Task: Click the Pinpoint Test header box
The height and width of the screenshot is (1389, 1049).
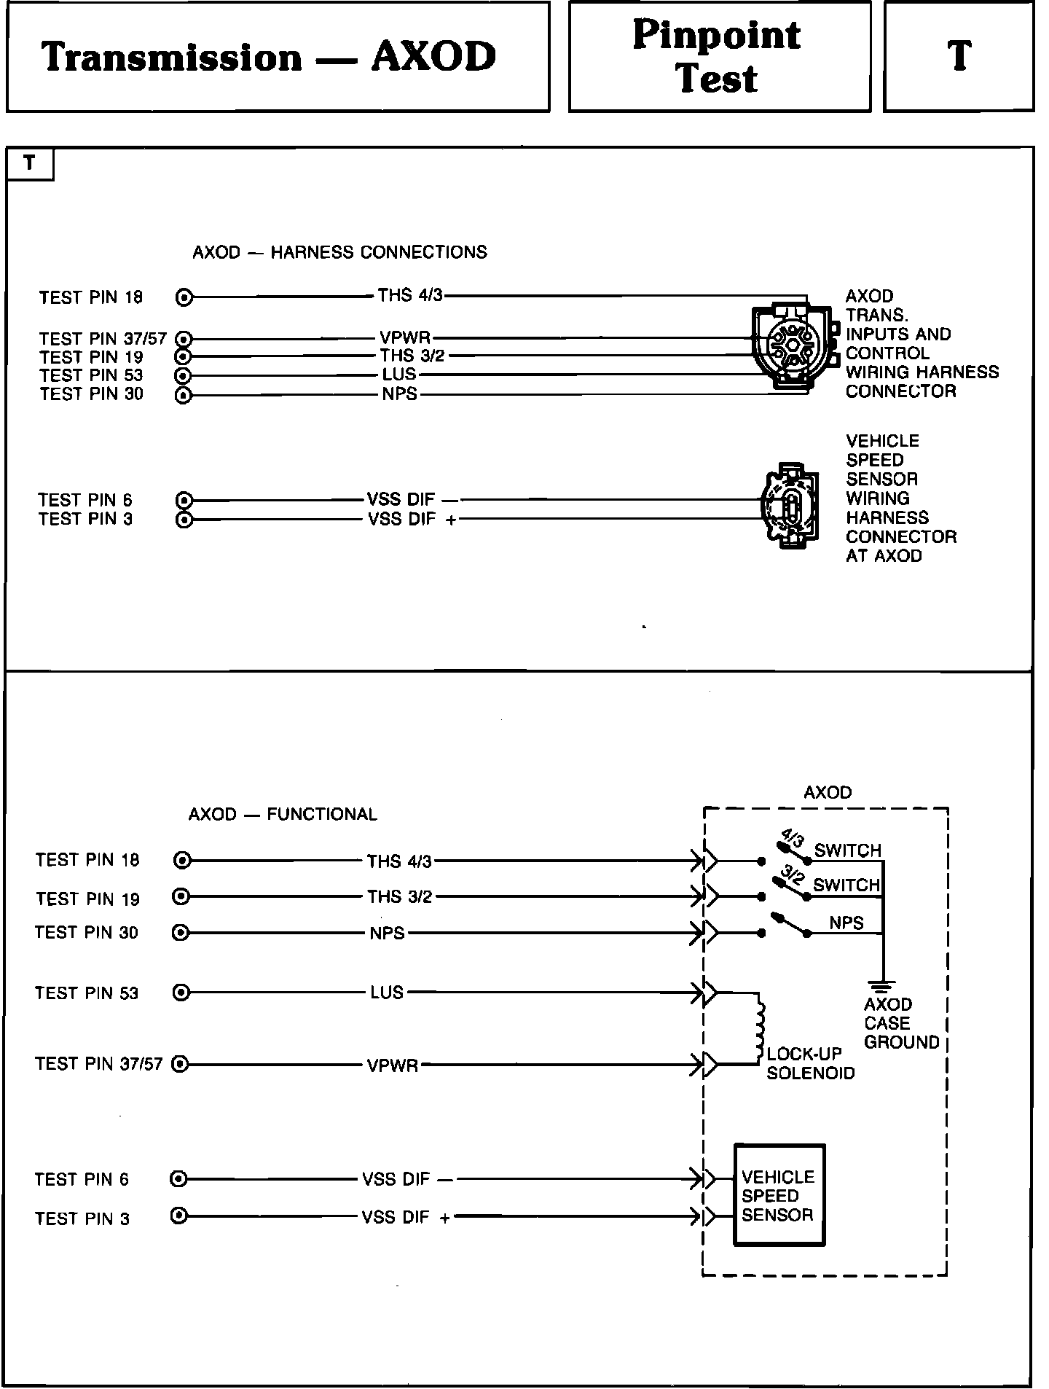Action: click(718, 56)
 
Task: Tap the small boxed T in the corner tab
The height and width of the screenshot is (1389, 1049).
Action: click(29, 163)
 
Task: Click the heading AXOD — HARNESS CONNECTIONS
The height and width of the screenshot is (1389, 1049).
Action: click(339, 252)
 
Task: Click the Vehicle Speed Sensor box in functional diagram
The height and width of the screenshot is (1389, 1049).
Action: click(778, 1195)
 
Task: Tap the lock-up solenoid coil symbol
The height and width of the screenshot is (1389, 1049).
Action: click(760, 1028)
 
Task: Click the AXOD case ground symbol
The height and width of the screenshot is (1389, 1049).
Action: click(882, 987)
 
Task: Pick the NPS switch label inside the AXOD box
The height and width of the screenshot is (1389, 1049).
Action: click(846, 923)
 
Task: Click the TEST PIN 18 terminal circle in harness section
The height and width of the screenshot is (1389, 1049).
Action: click(184, 297)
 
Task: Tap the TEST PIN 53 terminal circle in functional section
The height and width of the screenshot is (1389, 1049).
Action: click(181, 993)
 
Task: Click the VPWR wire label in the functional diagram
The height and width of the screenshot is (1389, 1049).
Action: click(393, 1065)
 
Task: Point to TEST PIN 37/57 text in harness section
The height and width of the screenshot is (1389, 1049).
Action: click(103, 339)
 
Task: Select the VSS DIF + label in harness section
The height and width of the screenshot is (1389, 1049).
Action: click(412, 520)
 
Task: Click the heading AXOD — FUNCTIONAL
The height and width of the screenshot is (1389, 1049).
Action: click(283, 814)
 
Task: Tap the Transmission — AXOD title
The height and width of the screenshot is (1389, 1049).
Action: click(270, 57)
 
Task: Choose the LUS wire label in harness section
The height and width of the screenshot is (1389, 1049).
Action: click(399, 375)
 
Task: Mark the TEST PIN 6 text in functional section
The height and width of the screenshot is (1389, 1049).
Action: click(82, 1179)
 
